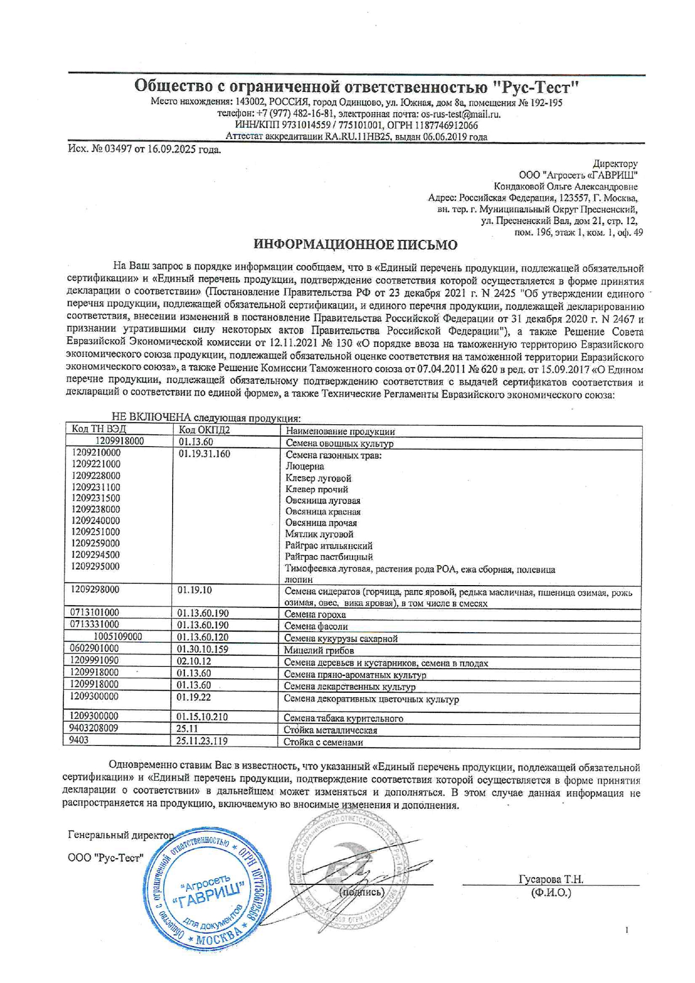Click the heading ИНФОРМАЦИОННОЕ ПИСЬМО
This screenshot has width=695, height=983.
click(355, 245)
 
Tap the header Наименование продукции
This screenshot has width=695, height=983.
click(340, 432)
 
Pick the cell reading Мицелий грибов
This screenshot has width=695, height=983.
click(318, 651)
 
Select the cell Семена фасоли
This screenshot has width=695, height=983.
click(316, 626)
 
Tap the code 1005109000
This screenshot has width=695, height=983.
click(118, 637)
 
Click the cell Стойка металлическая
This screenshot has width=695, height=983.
click(330, 730)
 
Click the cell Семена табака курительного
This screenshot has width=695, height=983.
click(343, 718)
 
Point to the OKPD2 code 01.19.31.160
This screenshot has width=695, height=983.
click(204, 454)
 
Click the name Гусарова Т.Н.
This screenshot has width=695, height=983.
click(551, 879)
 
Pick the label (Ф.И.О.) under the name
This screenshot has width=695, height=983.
click(551, 892)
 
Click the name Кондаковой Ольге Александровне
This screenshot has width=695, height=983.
click(565, 187)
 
